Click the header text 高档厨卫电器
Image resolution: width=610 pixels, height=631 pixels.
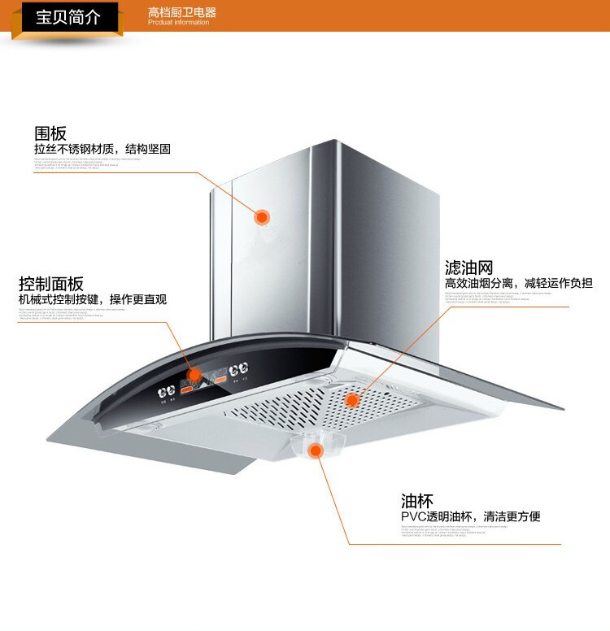point(182,13)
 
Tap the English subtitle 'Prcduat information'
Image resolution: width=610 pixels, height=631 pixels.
point(178,23)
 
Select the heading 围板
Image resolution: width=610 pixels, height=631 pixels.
point(50,133)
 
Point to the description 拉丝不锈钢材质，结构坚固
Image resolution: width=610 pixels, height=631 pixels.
point(102,150)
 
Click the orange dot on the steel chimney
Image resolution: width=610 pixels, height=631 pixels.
point(262,217)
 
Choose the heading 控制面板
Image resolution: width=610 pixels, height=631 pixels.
point(51,284)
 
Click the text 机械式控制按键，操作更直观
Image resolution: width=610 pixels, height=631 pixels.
point(93,299)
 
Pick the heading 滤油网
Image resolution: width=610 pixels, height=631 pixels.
point(469,267)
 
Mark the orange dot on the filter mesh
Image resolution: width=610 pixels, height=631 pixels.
point(352,400)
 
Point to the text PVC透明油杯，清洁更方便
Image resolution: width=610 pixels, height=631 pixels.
point(470,516)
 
